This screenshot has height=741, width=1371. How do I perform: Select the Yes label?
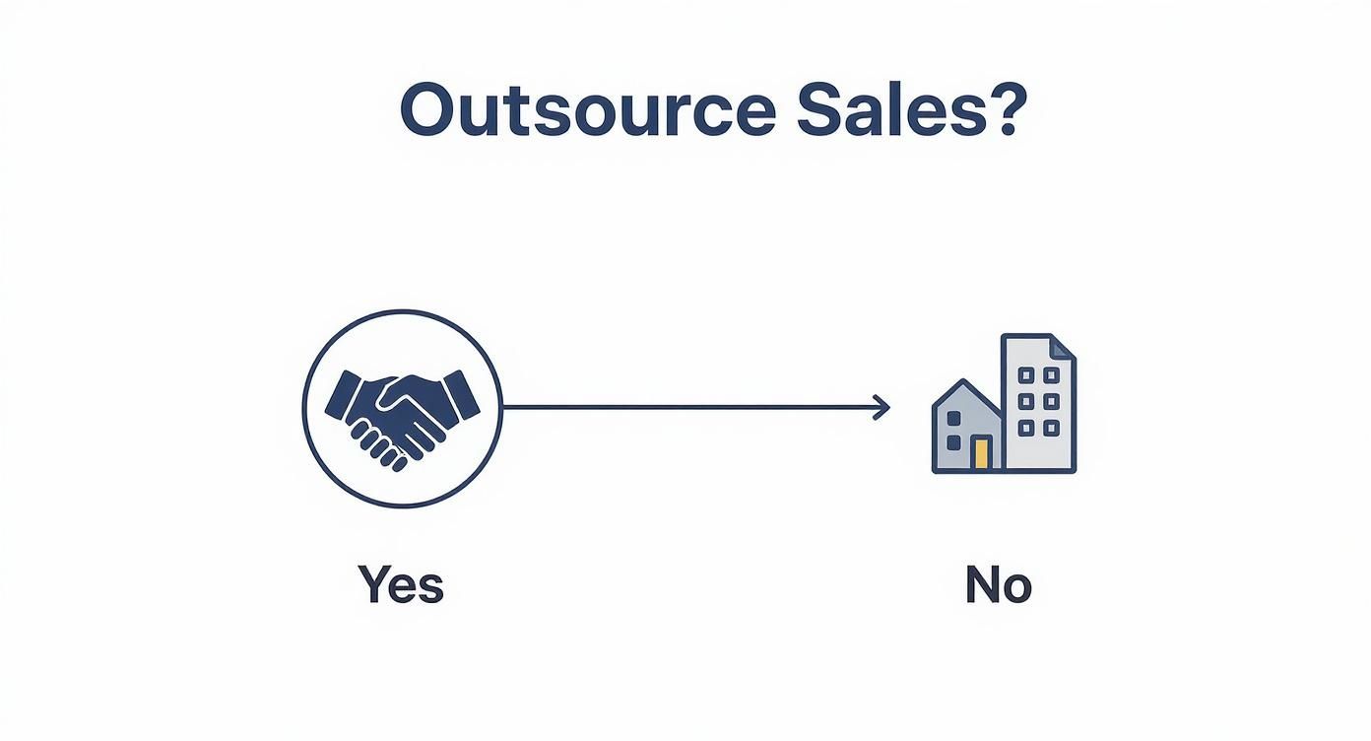click(x=401, y=584)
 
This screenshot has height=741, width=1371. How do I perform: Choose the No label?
click(x=998, y=584)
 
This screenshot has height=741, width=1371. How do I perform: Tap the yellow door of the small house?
click(x=980, y=453)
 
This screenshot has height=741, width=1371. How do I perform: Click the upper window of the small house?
click(x=952, y=418)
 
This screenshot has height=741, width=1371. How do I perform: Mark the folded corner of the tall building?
click(x=1062, y=347)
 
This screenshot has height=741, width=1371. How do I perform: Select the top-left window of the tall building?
click(x=1026, y=375)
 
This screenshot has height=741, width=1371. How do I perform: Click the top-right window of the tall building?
click(x=1051, y=375)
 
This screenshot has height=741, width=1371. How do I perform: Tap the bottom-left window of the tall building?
click(x=1026, y=427)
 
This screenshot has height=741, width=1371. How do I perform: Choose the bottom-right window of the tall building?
click(x=1051, y=427)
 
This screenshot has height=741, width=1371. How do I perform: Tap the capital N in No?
click(x=983, y=584)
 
